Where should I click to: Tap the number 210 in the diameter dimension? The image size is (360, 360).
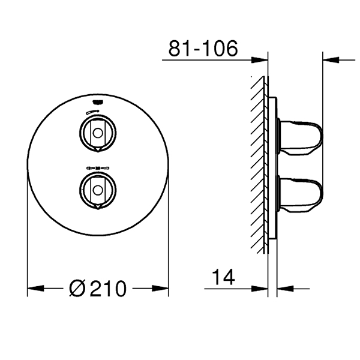coord(107,289)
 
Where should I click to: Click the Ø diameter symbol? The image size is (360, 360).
coord(78,289)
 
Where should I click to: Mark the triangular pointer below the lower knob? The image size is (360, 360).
coord(95,208)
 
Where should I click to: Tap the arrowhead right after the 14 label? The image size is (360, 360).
coord(264,289)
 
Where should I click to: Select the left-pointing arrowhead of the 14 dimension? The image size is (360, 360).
coord(281,289)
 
